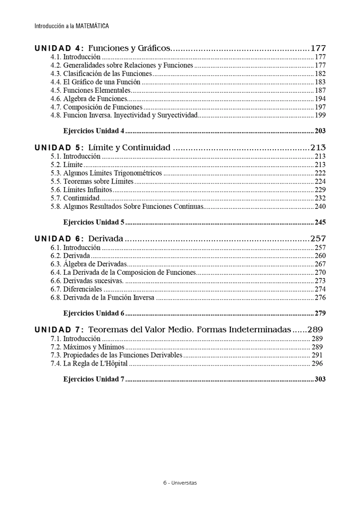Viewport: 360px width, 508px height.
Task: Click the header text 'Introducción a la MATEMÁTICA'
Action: tap(72, 26)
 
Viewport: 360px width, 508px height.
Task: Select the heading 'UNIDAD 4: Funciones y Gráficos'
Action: tap(102, 48)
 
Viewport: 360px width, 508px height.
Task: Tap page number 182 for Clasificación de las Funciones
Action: tap(320, 73)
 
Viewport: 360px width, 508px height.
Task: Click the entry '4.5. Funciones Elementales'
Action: tap(90, 90)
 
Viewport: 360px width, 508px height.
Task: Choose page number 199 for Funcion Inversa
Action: tap(320, 116)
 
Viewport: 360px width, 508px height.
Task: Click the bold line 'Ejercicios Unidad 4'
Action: tap(94, 131)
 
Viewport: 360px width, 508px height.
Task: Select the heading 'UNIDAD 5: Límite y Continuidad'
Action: tap(102, 148)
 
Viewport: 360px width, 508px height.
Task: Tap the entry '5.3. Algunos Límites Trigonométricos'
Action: tap(106, 173)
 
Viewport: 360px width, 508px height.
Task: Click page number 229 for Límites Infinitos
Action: tap(320, 190)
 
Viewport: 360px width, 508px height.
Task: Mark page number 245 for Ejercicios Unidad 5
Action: tap(320, 222)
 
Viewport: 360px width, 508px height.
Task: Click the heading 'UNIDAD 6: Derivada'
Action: tap(78, 239)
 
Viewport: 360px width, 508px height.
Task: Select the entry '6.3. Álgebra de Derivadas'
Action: tap(89, 264)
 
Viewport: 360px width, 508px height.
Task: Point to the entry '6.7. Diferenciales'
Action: tap(76, 289)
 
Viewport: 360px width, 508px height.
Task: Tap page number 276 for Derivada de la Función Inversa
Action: tap(320, 298)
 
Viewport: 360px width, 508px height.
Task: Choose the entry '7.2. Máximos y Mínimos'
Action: tap(87, 347)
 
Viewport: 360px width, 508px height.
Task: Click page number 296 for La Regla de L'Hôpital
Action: tap(317, 364)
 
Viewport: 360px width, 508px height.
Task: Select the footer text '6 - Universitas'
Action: tap(180, 482)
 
